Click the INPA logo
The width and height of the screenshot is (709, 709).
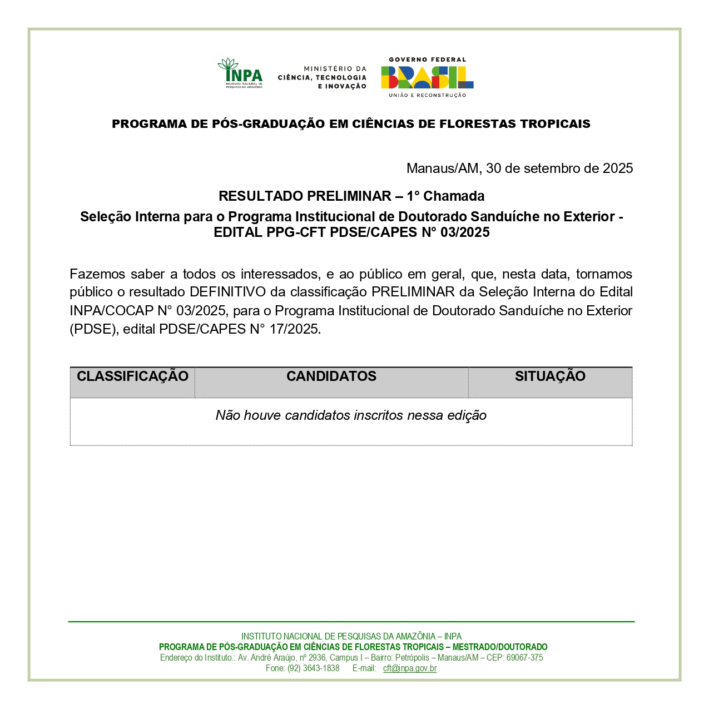(240, 73)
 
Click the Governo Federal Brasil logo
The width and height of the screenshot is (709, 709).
(427, 77)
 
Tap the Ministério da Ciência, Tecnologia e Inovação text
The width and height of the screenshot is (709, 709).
(323, 78)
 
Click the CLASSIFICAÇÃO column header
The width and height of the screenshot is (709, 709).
(132, 376)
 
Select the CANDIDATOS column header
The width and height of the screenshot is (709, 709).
(331, 376)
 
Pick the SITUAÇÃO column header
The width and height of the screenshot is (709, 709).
(550, 376)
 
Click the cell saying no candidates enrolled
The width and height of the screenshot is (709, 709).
(351, 416)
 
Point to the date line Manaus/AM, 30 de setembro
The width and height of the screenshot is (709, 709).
(519, 168)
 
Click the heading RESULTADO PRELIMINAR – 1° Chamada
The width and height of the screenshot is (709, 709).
(351, 196)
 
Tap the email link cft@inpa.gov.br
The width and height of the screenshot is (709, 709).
(410, 668)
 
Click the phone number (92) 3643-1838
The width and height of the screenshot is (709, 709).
(313, 668)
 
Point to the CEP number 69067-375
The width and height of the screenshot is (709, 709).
(524, 658)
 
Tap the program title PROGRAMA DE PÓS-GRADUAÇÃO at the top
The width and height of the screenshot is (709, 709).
(351, 124)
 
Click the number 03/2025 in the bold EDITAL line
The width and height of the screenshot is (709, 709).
(465, 232)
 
